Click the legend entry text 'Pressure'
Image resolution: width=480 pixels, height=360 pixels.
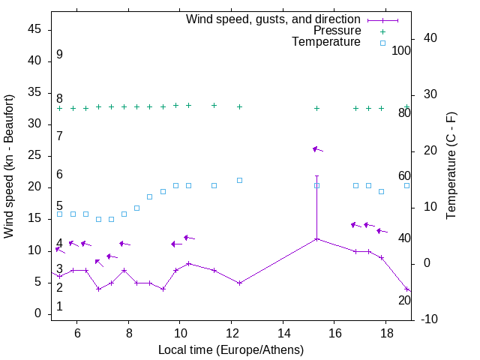tap(337, 31)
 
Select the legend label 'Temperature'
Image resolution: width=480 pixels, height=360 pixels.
tap(326, 42)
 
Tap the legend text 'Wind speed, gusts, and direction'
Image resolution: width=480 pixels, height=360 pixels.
tap(274, 19)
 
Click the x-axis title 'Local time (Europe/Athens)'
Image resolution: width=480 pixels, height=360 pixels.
tap(231, 349)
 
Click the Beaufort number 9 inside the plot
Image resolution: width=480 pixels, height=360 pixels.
tap(59, 55)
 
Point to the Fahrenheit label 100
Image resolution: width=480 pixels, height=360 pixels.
tap(401, 50)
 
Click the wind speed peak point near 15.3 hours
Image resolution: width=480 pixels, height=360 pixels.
tap(316, 238)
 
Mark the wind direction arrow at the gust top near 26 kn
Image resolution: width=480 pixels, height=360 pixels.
tap(317, 149)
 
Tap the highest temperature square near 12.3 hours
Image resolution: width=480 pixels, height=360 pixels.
tap(239, 180)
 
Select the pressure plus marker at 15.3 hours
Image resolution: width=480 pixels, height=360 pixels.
tap(316, 108)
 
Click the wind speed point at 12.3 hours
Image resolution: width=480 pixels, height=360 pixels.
tap(239, 283)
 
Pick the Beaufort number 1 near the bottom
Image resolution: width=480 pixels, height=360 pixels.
tap(59, 307)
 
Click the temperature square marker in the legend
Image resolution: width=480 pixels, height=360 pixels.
tap(382, 43)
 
